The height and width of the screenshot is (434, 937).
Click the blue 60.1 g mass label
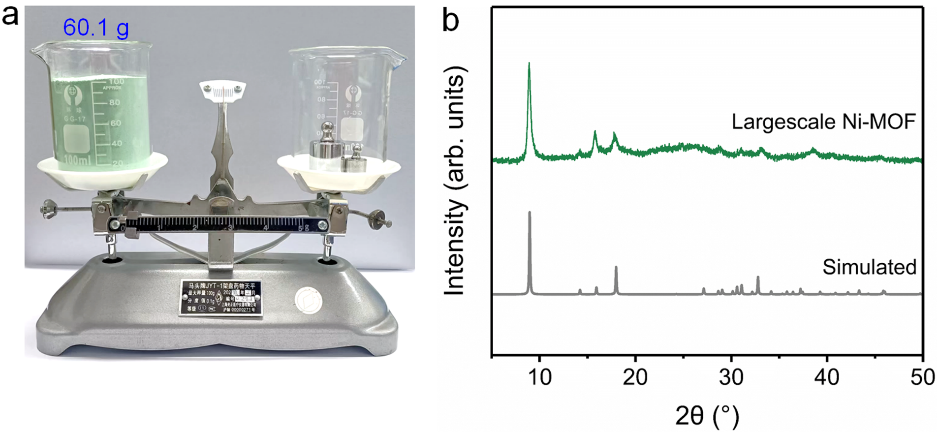[x=96, y=28]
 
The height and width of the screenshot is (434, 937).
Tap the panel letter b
[x=451, y=20]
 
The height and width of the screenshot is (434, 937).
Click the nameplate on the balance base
[x=220, y=298]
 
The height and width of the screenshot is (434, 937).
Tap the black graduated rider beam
[x=217, y=224]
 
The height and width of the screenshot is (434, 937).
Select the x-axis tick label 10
[x=539, y=377]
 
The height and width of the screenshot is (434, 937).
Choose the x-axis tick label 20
[x=635, y=377]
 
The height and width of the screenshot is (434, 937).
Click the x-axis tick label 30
[x=731, y=377]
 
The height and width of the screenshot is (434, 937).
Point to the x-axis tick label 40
[x=827, y=377]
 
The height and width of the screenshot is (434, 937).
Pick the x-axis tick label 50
[x=922, y=377]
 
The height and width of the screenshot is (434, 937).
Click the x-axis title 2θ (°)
[x=707, y=416]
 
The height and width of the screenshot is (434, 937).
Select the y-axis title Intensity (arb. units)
[x=455, y=182]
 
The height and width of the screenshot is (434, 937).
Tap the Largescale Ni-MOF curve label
[x=823, y=122]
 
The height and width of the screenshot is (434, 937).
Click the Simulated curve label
[x=869, y=267]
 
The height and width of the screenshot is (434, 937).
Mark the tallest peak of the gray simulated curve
[x=530, y=213]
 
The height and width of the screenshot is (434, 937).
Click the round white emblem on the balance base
[x=309, y=300]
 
